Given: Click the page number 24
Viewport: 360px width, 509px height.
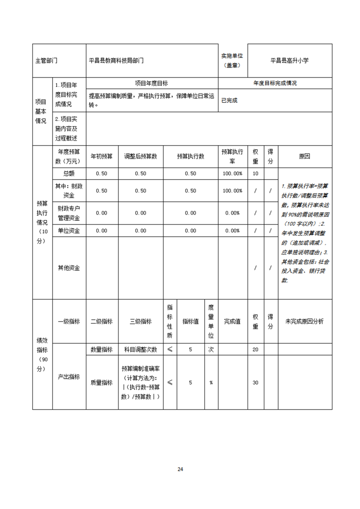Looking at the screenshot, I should (x=180, y=469).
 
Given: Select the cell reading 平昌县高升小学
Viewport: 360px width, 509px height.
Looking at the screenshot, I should (x=289, y=60).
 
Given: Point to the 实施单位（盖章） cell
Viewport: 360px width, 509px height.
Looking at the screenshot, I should (x=232, y=60).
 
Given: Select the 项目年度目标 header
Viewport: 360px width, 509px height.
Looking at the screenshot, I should (x=152, y=83).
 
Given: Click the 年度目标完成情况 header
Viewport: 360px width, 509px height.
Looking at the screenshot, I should (x=275, y=83).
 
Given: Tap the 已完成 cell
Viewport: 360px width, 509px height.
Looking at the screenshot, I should (x=229, y=100).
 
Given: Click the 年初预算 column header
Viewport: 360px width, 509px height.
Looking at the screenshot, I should (x=102, y=157).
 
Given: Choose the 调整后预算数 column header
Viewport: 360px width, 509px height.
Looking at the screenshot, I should (x=140, y=157).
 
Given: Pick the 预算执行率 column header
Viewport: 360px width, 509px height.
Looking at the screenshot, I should (x=232, y=157).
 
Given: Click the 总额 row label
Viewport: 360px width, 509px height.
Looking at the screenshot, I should (x=69, y=173).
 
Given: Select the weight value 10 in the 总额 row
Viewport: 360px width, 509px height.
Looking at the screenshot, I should (x=255, y=173).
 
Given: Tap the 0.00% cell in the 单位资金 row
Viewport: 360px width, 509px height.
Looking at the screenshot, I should (x=232, y=230).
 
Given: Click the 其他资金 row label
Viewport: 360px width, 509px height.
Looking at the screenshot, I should (x=69, y=268).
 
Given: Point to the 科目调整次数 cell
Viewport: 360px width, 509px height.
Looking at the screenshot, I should (x=140, y=349).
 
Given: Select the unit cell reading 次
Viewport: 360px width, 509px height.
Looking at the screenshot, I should (x=211, y=349).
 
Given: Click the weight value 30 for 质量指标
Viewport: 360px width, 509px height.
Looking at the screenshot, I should (x=255, y=382).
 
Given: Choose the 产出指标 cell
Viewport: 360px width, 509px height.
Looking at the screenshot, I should (x=69, y=377).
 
